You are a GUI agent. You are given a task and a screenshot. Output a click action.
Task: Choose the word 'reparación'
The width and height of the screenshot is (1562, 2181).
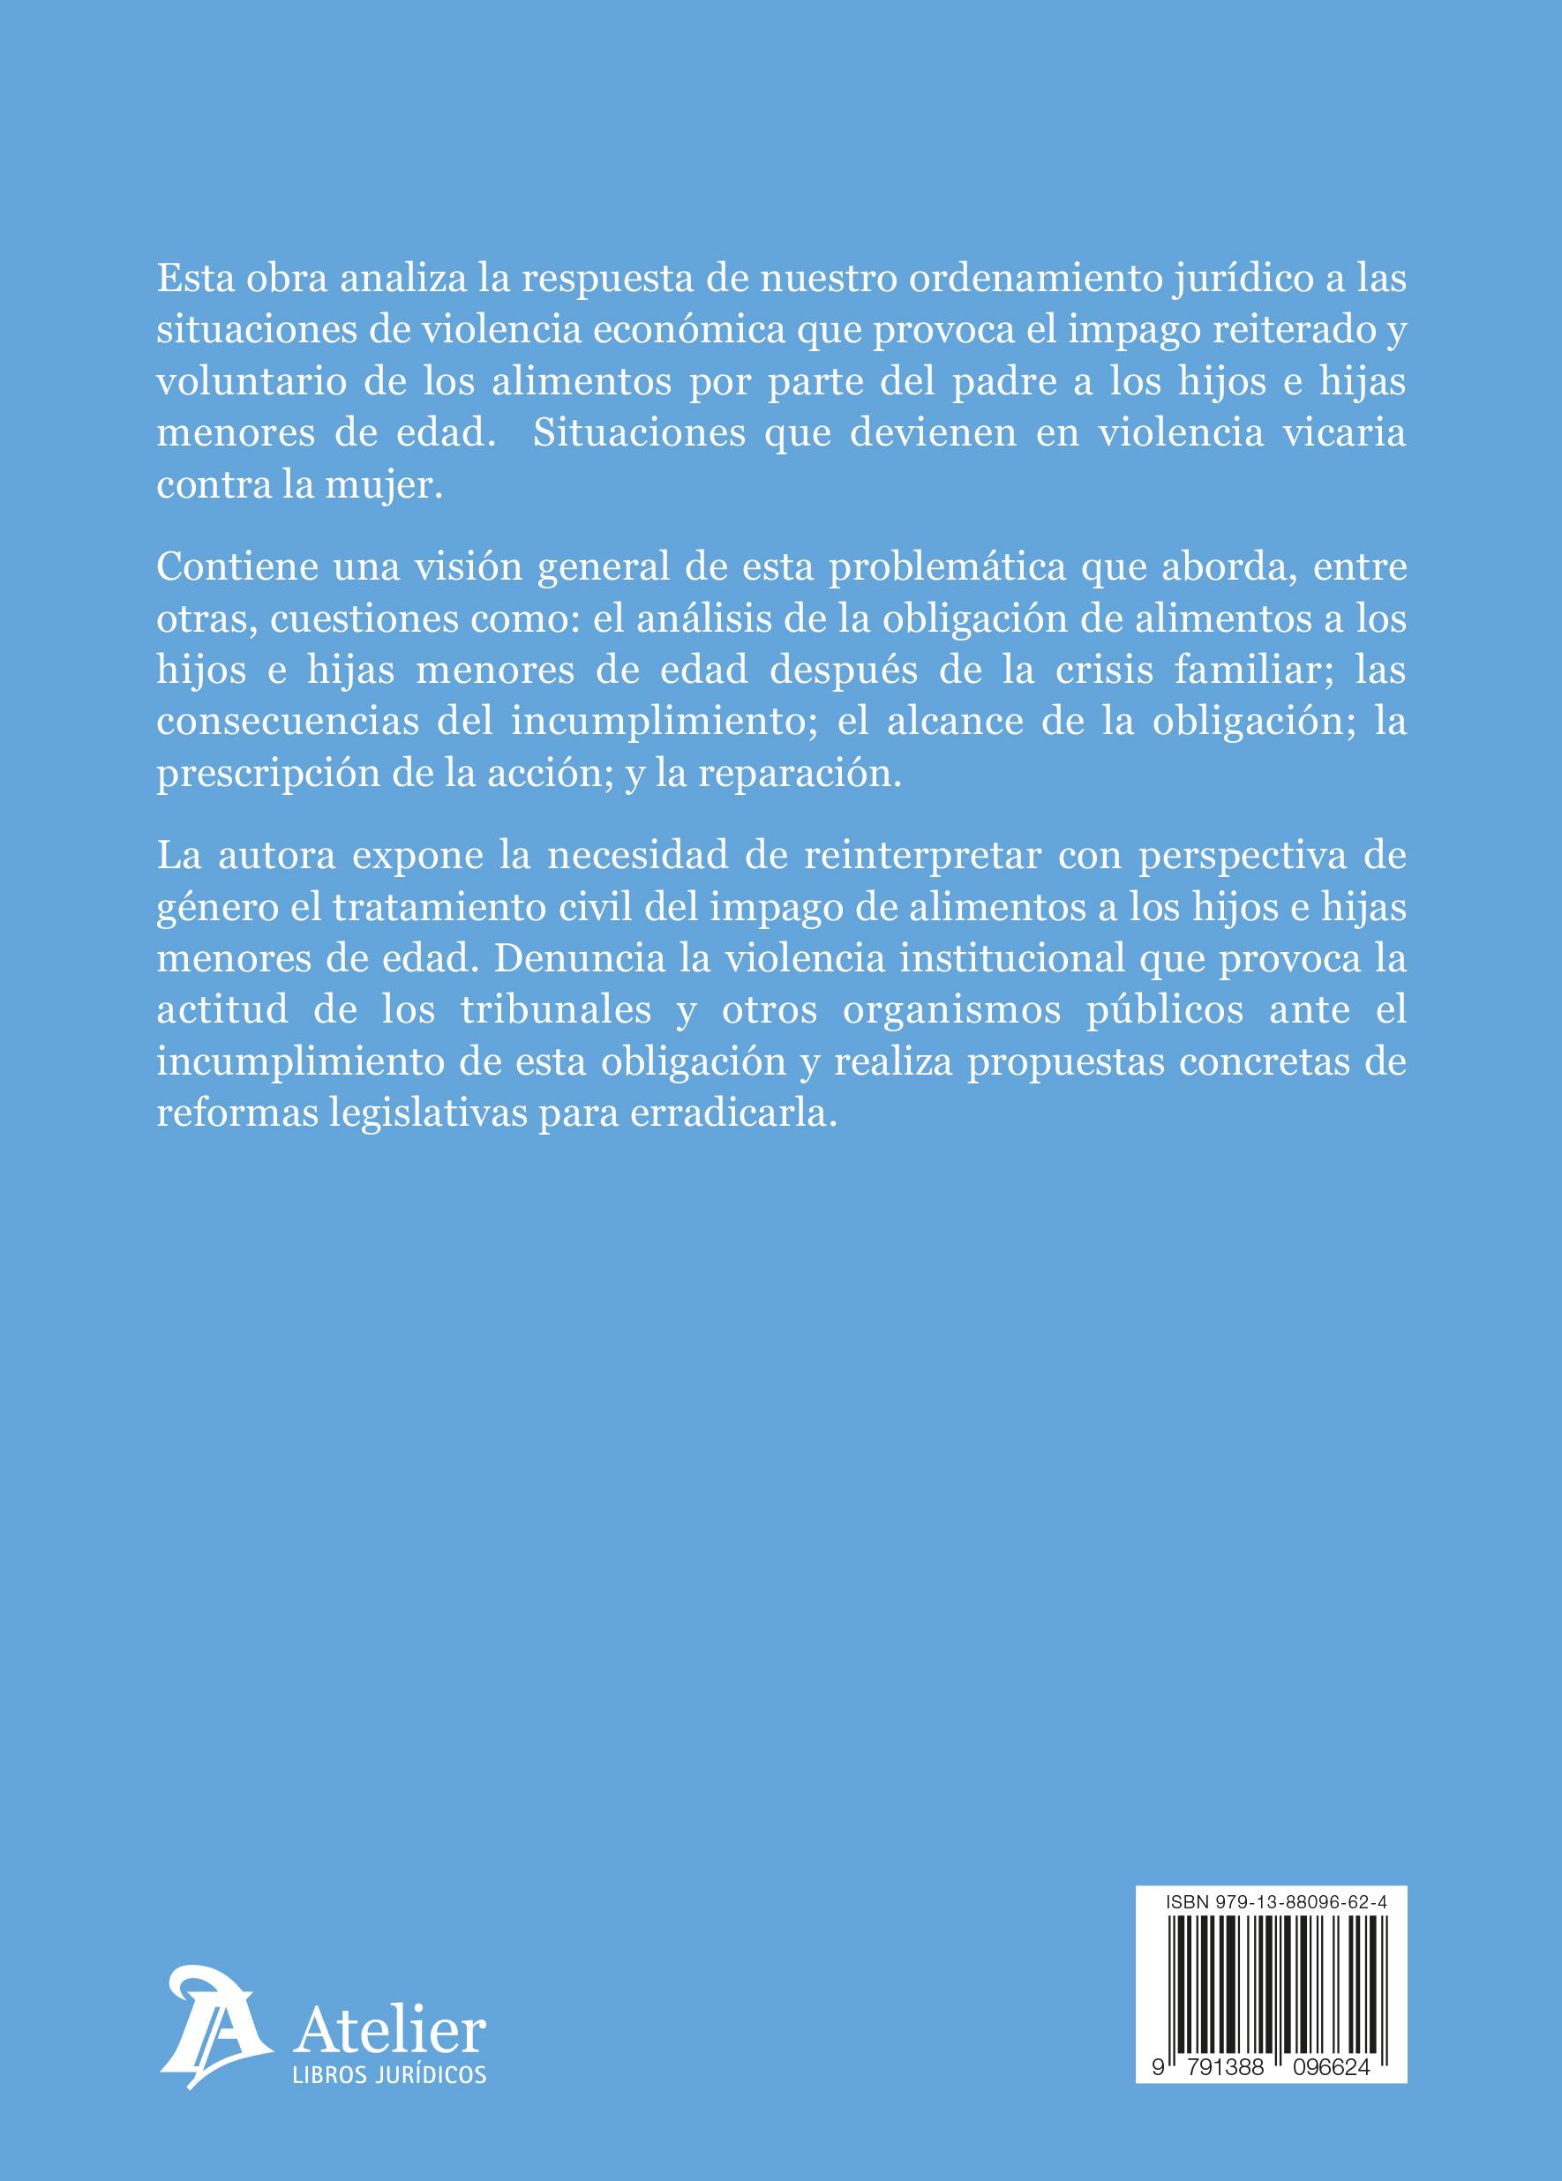799,773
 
